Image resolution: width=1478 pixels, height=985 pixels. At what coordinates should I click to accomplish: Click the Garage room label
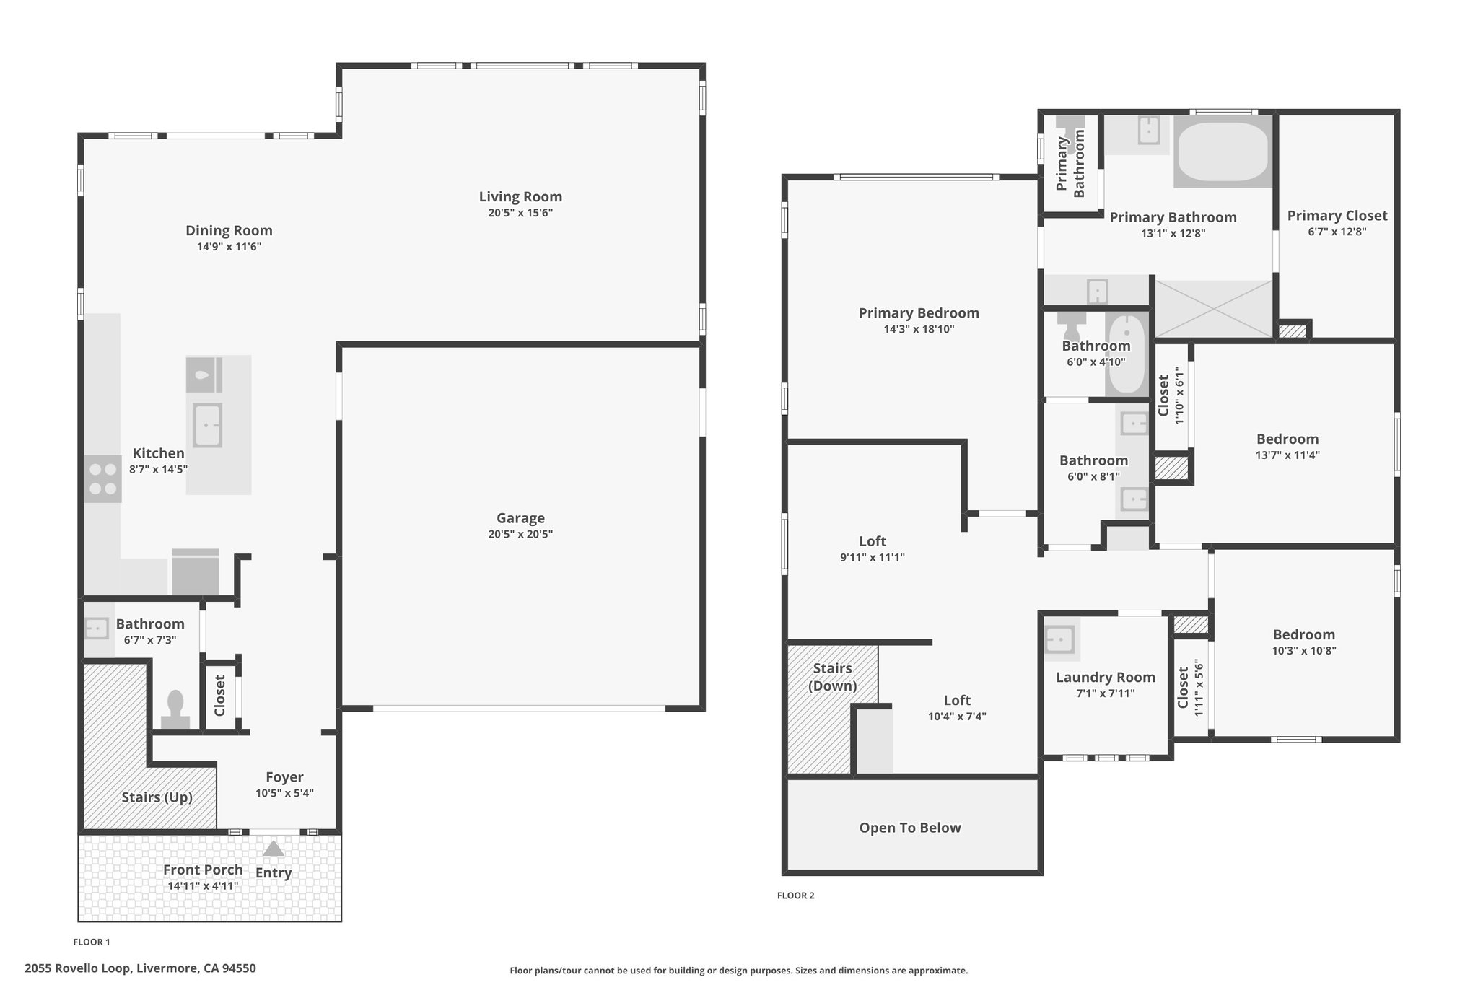click(x=520, y=518)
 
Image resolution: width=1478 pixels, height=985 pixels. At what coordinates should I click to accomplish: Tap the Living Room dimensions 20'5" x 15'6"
click(x=520, y=213)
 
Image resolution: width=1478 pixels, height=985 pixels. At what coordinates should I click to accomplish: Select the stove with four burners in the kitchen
click(x=102, y=479)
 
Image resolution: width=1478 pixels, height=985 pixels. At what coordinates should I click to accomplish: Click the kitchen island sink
click(x=207, y=425)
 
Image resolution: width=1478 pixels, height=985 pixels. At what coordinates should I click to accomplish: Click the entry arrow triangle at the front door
click(x=273, y=849)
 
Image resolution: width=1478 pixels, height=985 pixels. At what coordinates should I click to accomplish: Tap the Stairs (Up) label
click(x=157, y=797)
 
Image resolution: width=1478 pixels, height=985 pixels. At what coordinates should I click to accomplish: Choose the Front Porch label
click(x=203, y=870)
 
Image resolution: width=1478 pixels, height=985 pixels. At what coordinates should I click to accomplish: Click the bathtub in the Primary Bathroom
click(x=1223, y=152)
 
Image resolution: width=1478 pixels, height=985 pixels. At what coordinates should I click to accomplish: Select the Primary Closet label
click(x=1337, y=216)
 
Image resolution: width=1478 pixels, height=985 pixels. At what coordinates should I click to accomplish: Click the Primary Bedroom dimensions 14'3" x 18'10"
click(x=919, y=329)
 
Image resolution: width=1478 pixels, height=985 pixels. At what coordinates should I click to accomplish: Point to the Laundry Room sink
click(x=1061, y=639)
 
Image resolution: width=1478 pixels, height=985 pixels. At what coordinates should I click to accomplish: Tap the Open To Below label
click(x=910, y=828)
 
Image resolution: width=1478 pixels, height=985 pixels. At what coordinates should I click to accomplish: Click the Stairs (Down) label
click(x=832, y=677)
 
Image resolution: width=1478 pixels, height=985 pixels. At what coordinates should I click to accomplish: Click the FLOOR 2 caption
click(x=795, y=896)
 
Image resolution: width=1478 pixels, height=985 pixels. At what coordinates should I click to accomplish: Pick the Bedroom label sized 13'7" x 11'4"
click(x=1287, y=439)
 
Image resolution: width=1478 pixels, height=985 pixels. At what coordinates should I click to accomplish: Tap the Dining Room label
click(x=229, y=230)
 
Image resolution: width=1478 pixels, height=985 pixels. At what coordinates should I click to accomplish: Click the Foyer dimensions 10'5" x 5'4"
click(x=284, y=793)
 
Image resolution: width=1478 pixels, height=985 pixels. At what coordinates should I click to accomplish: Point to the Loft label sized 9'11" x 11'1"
click(x=873, y=541)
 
